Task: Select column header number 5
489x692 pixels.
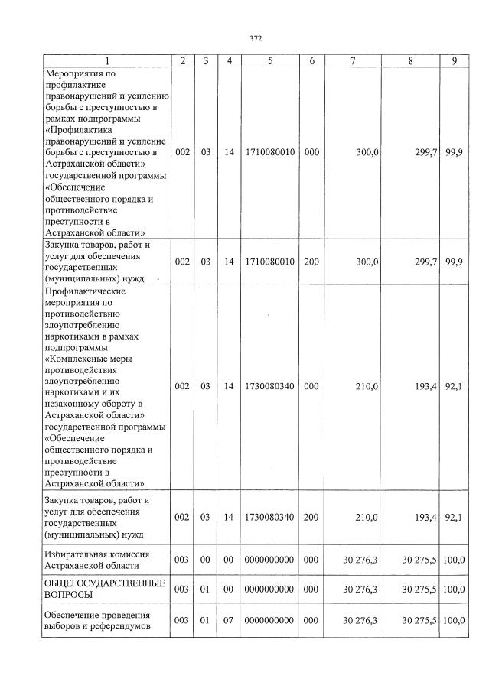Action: (269, 60)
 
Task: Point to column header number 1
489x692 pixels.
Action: (107, 60)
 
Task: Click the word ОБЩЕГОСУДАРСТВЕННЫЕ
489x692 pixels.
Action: (106, 583)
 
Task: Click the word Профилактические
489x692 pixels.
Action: (85, 291)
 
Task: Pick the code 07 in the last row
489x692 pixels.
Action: (228, 619)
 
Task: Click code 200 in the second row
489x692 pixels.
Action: (311, 262)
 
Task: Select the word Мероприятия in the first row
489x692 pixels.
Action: (74, 73)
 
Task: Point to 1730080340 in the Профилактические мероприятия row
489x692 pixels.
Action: (269, 387)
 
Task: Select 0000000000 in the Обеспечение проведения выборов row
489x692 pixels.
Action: (269, 619)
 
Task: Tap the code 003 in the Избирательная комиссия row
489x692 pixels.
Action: (181, 560)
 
